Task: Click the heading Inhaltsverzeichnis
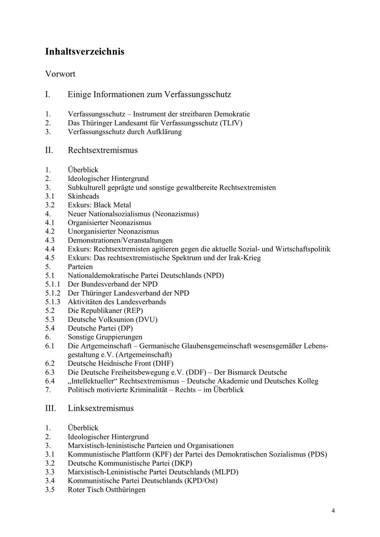point(84,52)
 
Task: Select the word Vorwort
point(60,74)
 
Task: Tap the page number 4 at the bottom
point(333,511)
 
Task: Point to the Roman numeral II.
point(49,150)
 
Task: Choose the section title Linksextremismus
point(100,408)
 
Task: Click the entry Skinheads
point(83,196)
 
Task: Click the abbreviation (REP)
point(129,311)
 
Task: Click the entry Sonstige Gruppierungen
point(105,337)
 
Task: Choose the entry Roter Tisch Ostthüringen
point(106,490)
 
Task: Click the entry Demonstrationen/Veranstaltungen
point(120,240)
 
